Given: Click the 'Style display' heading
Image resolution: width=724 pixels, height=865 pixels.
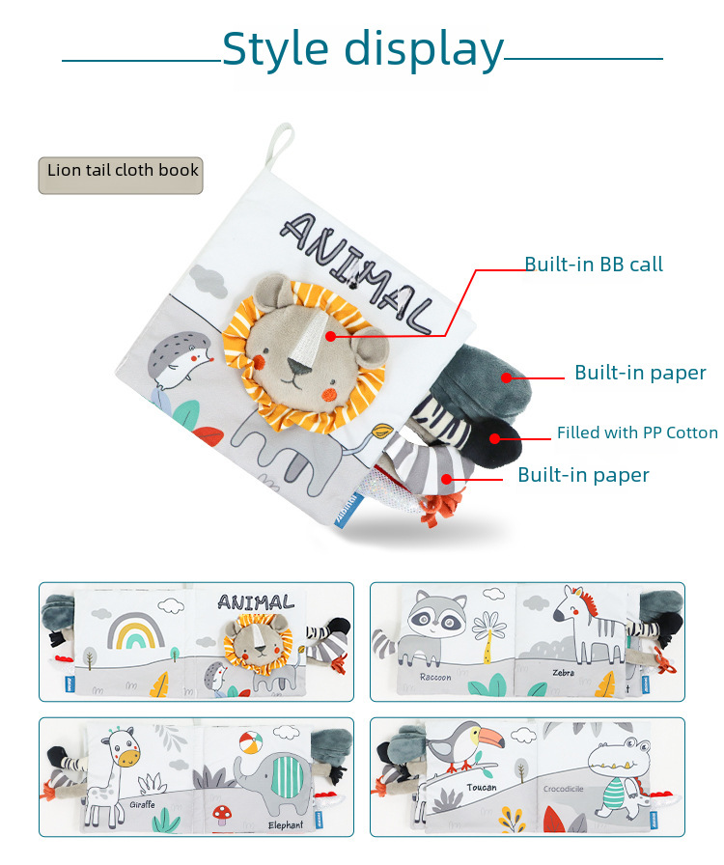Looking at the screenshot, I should tap(362, 48).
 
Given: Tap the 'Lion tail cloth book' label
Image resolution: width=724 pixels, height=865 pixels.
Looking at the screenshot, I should tap(122, 171).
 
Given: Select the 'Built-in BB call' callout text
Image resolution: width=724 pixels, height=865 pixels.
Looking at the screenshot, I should tap(593, 264).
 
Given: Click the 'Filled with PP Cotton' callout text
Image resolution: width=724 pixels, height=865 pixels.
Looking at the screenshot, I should tap(637, 432).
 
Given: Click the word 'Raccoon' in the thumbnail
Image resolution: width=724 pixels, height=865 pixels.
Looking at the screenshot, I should tap(434, 677).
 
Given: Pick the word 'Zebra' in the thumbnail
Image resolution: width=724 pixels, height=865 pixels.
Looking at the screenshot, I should tap(563, 672).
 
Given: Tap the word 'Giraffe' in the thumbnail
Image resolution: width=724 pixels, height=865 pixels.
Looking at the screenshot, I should tap(143, 803).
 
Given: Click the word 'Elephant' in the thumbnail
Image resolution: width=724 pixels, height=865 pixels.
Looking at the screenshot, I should tap(287, 825).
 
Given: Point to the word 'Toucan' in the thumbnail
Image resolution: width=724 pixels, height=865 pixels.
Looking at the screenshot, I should tap(482, 788).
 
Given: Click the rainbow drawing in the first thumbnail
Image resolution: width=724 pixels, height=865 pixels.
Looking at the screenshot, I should tap(133, 632).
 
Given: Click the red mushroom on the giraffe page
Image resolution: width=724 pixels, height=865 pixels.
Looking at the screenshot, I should tap(224, 813).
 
